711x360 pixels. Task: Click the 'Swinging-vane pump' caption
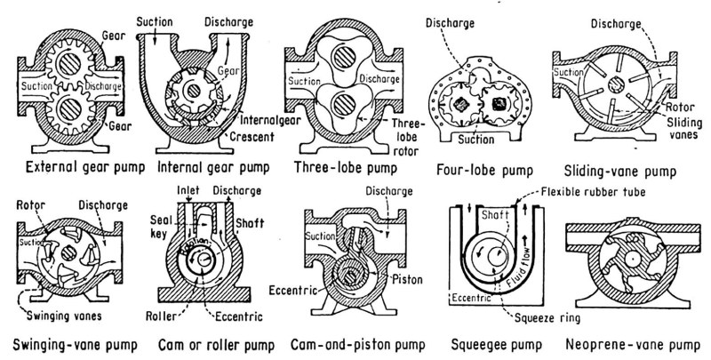click(72, 343)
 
